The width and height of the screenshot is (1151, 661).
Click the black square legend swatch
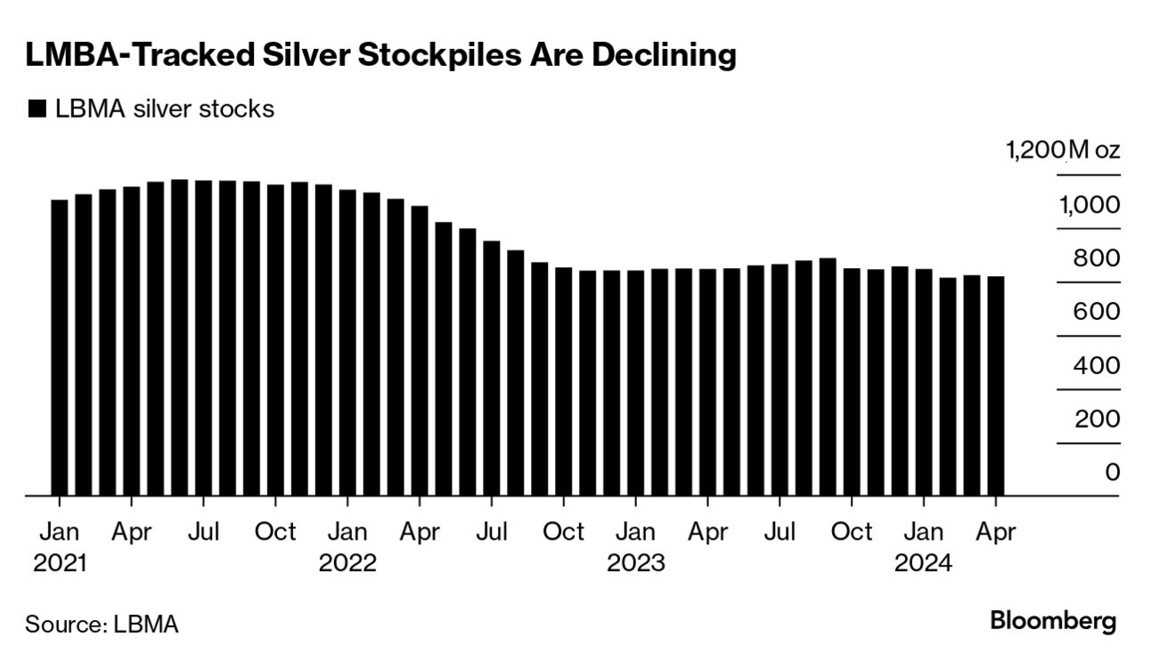(x=37, y=110)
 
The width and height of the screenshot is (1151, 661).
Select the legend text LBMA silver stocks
(x=165, y=110)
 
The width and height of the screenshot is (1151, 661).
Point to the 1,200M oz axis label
(x=1063, y=151)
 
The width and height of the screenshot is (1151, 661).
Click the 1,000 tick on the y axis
(x=1089, y=205)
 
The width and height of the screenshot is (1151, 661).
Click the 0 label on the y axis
(x=1111, y=472)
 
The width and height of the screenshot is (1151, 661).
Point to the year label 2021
(x=61, y=563)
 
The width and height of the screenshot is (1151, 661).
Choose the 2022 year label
(x=347, y=563)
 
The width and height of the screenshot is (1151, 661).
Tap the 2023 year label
(x=635, y=563)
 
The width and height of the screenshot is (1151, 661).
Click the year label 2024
(x=924, y=563)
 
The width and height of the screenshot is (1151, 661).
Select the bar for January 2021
(x=60, y=347)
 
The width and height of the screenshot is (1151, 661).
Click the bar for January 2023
(x=635, y=383)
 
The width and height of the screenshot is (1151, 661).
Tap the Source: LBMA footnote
(x=102, y=624)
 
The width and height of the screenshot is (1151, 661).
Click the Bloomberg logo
(x=1053, y=621)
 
